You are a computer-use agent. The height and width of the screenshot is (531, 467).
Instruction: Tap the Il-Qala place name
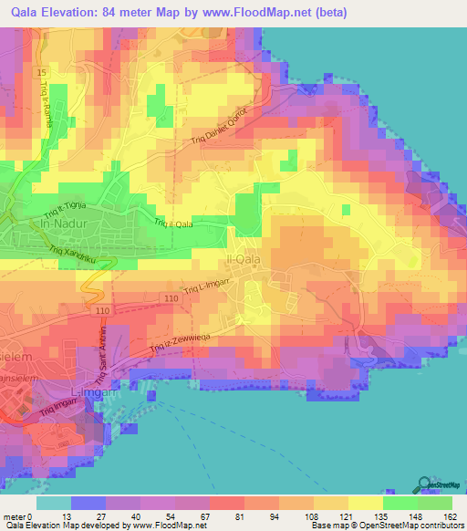coord(256,261)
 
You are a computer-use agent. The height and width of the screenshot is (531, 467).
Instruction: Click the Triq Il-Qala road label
coord(173,223)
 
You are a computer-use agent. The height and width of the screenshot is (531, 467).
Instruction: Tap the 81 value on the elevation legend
coord(239,515)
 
